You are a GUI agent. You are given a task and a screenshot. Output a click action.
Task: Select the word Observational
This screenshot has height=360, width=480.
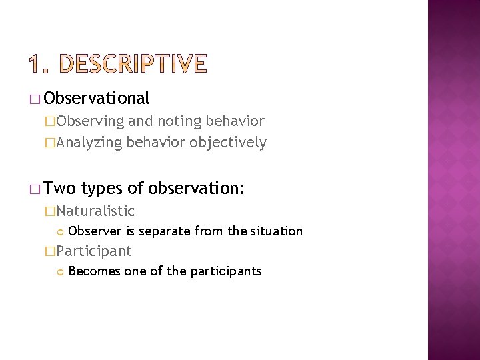98,99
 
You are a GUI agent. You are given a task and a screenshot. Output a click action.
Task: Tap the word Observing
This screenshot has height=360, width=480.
90,121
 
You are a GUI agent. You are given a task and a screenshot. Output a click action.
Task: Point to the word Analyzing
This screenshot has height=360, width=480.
89,142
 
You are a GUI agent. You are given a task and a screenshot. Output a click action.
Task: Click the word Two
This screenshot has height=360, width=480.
62,189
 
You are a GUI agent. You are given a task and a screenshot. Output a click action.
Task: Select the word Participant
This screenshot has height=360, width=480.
93,251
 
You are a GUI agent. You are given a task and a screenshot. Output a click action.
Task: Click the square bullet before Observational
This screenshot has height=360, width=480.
35,100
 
